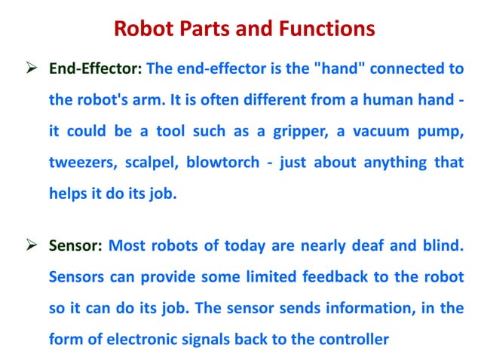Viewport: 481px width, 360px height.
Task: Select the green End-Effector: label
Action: [96, 69]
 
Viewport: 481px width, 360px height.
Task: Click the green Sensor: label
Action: [77, 245]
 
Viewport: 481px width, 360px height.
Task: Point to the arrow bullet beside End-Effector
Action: [32, 69]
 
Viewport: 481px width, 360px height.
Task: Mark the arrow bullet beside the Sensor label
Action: [32, 245]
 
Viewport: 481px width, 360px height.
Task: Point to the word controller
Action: [349, 339]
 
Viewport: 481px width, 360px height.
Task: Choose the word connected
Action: [405, 69]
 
